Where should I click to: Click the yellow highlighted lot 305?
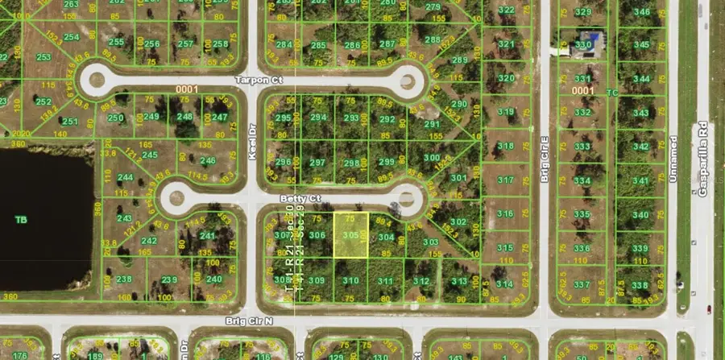pyautogui.click(x=350, y=235)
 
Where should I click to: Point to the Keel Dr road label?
pyautogui.click(x=252, y=145)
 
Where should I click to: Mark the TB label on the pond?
pyautogui.click(x=22, y=218)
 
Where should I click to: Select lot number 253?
pyautogui.click(x=43, y=57)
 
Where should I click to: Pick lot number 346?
pyautogui.click(x=641, y=11)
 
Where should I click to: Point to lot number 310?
pyautogui.click(x=350, y=280)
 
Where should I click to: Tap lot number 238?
pyautogui.click(x=123, y=279)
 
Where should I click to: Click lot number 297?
pyautogui.click(x=317, y=162)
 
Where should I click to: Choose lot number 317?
pyautogui.click(x=506, y=180)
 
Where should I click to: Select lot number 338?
pyautogui.click(x=640, y=285)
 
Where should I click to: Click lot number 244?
pyautogui.click(x=125, y=177)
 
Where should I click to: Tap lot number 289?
pyautogui.click(x=460, y=60)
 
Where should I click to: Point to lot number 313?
pyautogui.click(x=459, y=281)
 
